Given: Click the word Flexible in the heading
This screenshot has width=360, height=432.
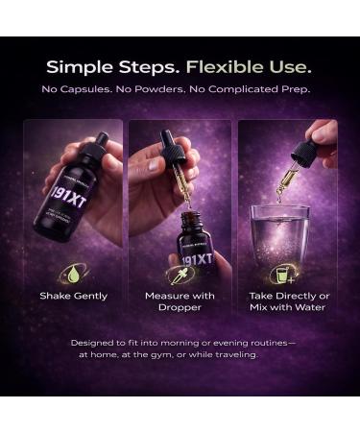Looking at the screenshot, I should tap(227, 68).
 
